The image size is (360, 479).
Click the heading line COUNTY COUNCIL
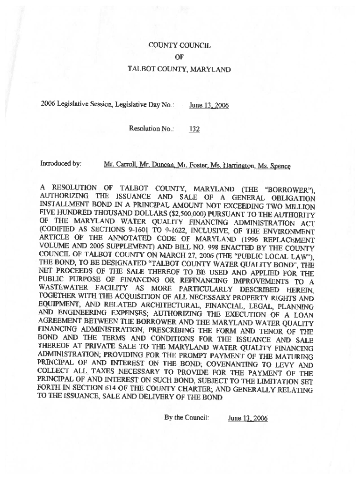tap(180, 45)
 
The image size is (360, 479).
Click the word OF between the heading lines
tap(179, 57)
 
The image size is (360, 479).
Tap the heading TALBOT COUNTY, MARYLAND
tap(180, 69)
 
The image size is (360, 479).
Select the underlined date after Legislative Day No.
tap(209, 106)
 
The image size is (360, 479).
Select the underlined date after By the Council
tap(248, 418)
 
